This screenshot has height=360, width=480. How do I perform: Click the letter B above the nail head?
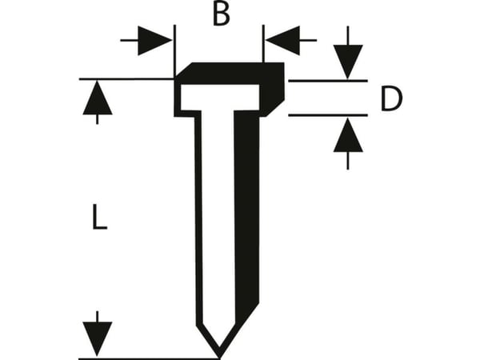click(221, 14)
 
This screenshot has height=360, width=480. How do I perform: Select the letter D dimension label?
click(391, 98)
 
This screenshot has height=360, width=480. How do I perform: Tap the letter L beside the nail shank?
click(99, 217)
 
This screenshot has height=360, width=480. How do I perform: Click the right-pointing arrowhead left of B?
click(154, 41)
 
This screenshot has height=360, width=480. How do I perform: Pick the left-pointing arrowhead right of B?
click(282, 41)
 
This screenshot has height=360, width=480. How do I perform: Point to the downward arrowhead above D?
click(348, 62)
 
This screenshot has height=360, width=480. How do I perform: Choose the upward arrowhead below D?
click(348, 135)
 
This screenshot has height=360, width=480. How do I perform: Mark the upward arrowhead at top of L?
click(98, 98)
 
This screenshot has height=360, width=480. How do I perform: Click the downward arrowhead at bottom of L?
click(98, 339)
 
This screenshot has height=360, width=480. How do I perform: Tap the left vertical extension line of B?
click(174, 51)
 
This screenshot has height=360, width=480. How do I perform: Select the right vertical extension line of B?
click(263, 44)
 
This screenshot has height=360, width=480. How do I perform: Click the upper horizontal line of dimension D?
click(328, 81)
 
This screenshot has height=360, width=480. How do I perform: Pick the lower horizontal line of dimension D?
click(328, 115)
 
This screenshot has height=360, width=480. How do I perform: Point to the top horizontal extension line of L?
click(126, 79)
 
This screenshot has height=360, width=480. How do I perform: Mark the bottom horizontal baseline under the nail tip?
click(149, 358)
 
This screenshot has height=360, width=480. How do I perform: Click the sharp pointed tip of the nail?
click(219, 357)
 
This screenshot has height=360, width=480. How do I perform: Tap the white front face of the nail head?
click(220, 98)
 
